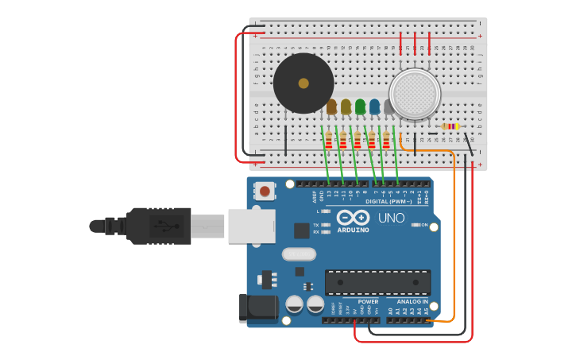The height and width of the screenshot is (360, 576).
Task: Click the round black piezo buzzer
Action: click(x=303, y=83)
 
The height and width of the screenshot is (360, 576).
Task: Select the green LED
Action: click(x=360, y=106)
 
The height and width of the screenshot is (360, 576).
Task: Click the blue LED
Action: click(x=374, y=106)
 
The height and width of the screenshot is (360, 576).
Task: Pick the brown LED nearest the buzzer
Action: click(x=331, y=106)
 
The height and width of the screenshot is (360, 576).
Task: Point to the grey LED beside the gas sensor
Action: click(x=389, y=106)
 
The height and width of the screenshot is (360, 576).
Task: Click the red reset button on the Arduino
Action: click(x=264, y=191)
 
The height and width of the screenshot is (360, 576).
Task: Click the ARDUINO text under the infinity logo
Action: click(x=353, y=230)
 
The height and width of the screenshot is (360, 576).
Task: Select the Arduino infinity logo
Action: click(x=353, y=218)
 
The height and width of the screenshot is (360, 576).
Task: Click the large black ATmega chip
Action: click(x=377, y=282)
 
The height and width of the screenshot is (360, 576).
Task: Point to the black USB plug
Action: click(x=159, y=226)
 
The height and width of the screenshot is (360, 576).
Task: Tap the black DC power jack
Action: click(x=257, y=309)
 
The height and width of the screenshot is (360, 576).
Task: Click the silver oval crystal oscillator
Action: click(x=299, y=254)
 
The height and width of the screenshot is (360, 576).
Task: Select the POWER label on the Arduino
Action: click(x=368, y=301)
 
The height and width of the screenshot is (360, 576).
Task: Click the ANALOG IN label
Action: click(x=412, y=301)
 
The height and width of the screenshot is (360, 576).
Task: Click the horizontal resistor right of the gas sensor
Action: click(x=450, y=126)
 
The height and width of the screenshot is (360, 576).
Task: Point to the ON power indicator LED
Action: click(x=416, y=225)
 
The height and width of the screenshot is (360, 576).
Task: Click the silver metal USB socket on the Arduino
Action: click(x=251, y=226)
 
